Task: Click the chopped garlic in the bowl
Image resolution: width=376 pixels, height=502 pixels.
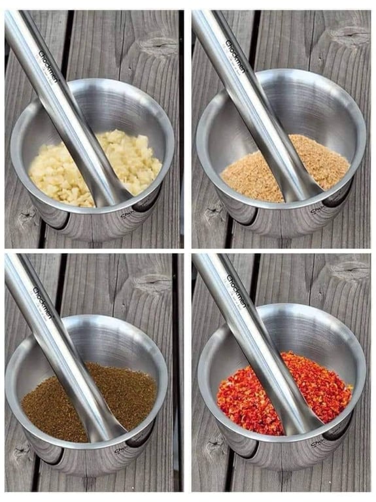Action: [x=131, y=163]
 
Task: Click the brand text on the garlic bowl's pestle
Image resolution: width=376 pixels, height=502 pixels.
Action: [x=48, y=68]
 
